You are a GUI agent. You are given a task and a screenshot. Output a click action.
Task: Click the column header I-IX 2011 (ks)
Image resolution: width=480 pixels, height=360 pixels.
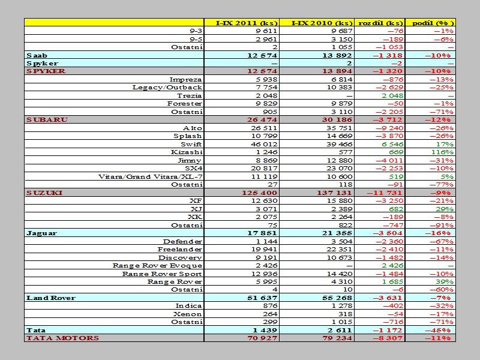click(247, 23)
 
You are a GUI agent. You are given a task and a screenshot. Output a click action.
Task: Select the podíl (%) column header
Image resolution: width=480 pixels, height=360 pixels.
click(433, 23)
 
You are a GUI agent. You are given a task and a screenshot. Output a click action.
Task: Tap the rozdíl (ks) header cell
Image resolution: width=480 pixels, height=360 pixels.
click(380, 23)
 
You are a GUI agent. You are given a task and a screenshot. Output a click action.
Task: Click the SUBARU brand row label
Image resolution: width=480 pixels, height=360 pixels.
click(47, 119)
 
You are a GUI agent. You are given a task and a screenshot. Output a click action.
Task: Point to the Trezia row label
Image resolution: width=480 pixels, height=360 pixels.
click(189, 95)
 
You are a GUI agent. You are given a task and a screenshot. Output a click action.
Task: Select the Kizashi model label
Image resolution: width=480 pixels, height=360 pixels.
click(187, 152)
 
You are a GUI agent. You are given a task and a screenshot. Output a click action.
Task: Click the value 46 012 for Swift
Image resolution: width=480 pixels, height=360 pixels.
click(264, 144)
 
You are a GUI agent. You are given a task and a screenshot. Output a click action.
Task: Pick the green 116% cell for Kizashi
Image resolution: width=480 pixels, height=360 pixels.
click(442, 152)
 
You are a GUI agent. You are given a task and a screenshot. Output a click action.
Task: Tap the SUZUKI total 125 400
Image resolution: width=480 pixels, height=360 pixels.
click(259, 193)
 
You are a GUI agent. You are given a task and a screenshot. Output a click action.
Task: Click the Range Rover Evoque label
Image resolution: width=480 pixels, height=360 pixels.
click(157, 266)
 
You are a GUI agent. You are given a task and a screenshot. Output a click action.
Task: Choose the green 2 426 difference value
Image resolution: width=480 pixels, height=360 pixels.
click(392, 266)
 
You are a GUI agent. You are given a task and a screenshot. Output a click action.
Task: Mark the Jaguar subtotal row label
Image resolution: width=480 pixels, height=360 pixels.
click(41, 233)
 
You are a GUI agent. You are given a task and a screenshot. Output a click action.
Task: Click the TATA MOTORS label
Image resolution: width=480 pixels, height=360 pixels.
click(63, 338)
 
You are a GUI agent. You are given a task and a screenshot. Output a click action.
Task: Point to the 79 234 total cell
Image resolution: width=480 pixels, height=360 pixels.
click(337, 338)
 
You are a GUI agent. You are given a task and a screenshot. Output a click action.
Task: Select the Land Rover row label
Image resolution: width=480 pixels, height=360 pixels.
click(51, 298)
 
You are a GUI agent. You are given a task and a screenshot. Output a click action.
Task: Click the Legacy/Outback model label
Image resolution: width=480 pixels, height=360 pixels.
click(167, 87)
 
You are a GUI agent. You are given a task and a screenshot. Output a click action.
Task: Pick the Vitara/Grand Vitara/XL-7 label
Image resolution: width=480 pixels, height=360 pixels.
click(151, 176)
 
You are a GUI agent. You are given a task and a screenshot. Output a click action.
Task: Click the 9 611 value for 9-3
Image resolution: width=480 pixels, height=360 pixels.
click(266, 31)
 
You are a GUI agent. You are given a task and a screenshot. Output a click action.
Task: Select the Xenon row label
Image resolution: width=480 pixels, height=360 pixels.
click(187, 314)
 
